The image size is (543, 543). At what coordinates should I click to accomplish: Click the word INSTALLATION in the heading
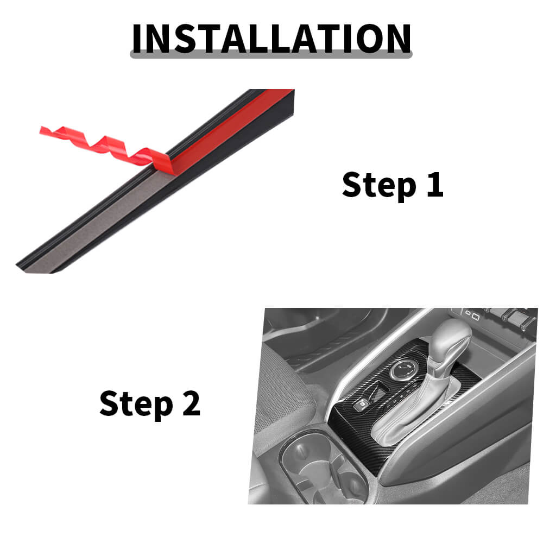pyautogui.click(x=271, y=39)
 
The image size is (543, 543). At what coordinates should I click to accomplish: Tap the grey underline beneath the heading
pyautogui.click(x=271, y=54)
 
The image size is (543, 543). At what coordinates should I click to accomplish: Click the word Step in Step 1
pyautogui.click(x=379, y=186)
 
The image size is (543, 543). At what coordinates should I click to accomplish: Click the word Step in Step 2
pyautogui.click(x=136, y=404)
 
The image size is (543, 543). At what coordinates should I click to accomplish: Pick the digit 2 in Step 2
pyautogui.click(x=192, y=403)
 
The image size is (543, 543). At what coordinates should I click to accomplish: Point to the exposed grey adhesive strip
pyautogui.click(x=104, y=222)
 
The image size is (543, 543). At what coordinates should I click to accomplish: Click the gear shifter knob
pyautogui.click(x=450, y=343)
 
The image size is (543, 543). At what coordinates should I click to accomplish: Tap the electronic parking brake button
pyautogui.click(x=362, y=404)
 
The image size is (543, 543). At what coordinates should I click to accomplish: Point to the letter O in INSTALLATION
pyautogui.click(x=370, y=39)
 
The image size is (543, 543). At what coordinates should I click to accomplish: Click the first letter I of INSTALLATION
pyautogui.click(x=137, y=39)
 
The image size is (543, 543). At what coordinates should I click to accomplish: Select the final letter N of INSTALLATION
pyautogui.click(x=399, y=39)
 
